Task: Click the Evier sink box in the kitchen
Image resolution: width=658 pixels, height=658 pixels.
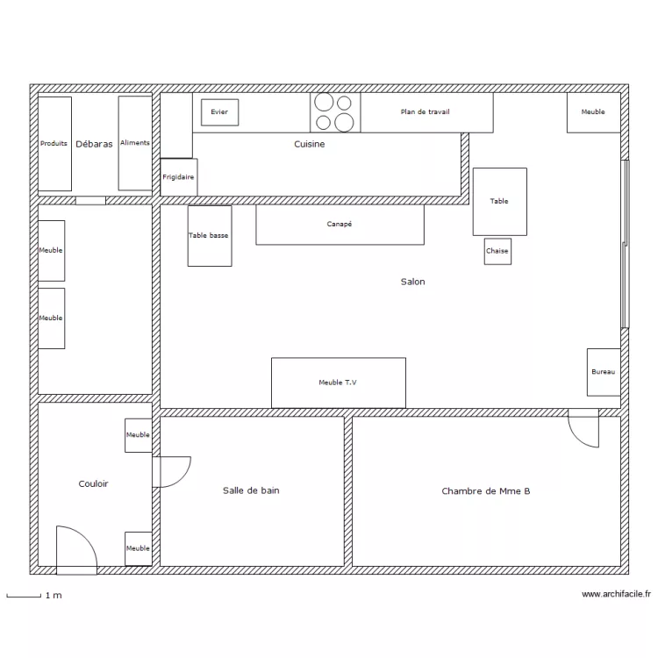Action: (220, 112)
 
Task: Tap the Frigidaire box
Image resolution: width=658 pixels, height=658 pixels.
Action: (179, 177)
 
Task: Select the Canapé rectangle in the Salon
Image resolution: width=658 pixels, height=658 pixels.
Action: (340, 225)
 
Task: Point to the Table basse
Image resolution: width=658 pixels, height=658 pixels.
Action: (210, 236)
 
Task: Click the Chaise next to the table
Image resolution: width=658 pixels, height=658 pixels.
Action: (497, 252)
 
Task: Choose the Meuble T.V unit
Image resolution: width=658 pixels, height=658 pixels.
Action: (339, 383)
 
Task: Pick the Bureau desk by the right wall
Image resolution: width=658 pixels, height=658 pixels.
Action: (604, 372)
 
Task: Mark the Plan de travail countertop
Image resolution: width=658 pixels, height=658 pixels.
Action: (426, 112)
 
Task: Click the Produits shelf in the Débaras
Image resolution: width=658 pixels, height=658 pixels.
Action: (54, 144)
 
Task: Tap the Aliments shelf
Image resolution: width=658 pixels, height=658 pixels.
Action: (135, 143)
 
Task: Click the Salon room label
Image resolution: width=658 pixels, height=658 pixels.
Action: (413, 282)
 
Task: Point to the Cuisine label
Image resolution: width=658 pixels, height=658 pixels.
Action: (310, 144)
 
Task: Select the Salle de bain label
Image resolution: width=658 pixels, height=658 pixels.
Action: (251, 490)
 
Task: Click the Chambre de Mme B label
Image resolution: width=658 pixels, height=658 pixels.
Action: (486, 491)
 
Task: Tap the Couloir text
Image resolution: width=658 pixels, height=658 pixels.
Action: (93, 483)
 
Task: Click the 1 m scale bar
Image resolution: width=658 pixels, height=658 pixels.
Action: (24, 596)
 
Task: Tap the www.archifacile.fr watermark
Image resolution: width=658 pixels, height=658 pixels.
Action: (616, 594)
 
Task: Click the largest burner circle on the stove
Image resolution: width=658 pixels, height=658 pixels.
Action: (344, 123)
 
